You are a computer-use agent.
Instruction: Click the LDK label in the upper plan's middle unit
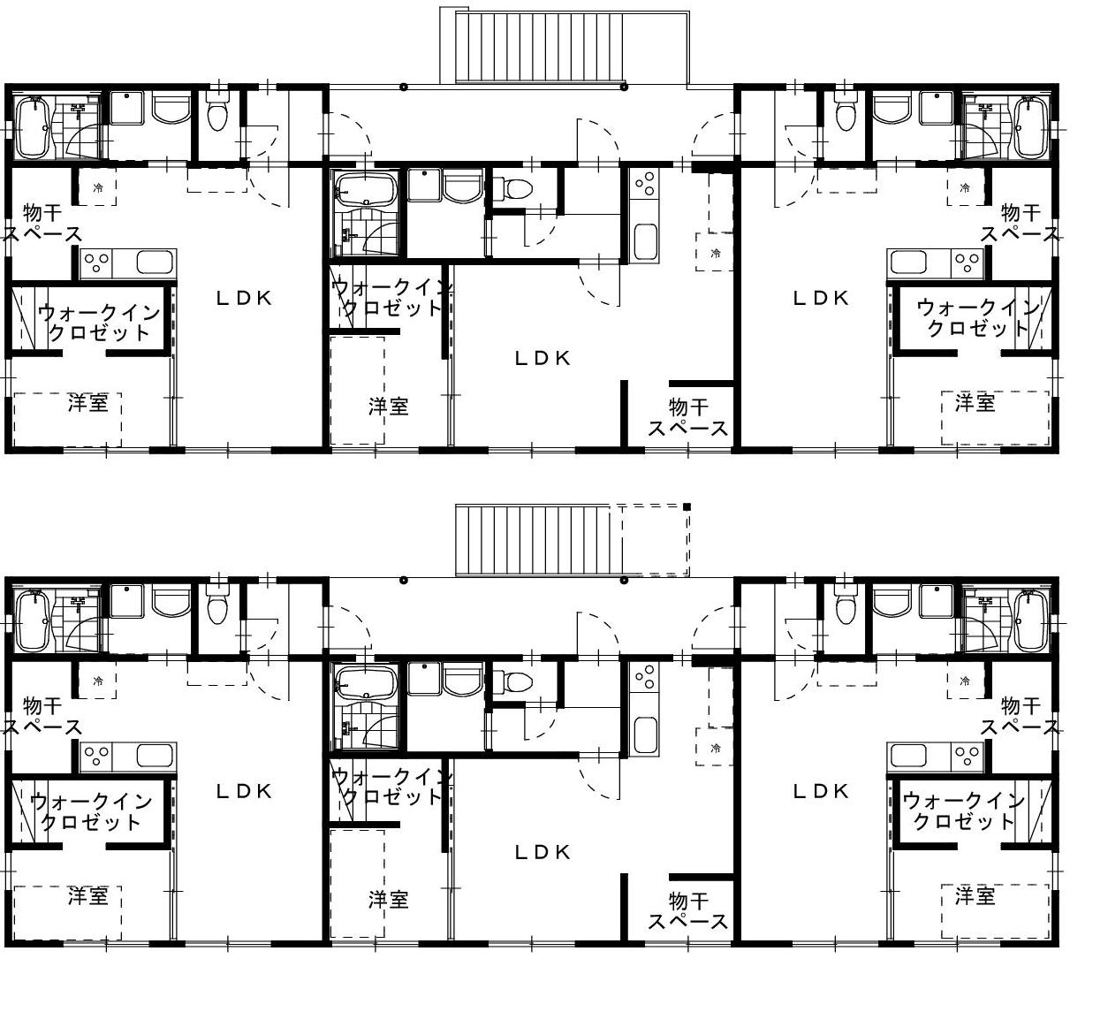[x=543, y=359]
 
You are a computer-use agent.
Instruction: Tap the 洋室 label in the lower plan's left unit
[x=87, y=896]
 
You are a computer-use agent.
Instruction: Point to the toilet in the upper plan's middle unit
[x=513, y=189]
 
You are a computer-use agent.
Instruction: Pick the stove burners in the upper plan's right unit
[x=968, y=263]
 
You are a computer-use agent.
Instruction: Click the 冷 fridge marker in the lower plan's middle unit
[x=716, y=749]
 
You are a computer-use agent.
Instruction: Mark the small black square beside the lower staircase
[x=687, y=506]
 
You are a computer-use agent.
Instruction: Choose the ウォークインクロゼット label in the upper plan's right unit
[x=978, y=318]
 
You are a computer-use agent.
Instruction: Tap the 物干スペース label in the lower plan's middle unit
[x=687, y=912]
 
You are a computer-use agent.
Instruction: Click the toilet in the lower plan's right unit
[x=844, y=606]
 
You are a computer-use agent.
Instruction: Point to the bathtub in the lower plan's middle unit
[x=367, y=683]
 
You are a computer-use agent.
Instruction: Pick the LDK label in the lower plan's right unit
[x=821, y=792]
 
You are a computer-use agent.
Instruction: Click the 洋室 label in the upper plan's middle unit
[x=388, y=407]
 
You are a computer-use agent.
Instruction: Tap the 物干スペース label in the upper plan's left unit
[x=42, y=224]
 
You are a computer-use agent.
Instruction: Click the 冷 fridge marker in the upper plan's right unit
[x=965, y=188]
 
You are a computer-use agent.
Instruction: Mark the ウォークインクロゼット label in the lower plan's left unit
[x=91, y=811]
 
